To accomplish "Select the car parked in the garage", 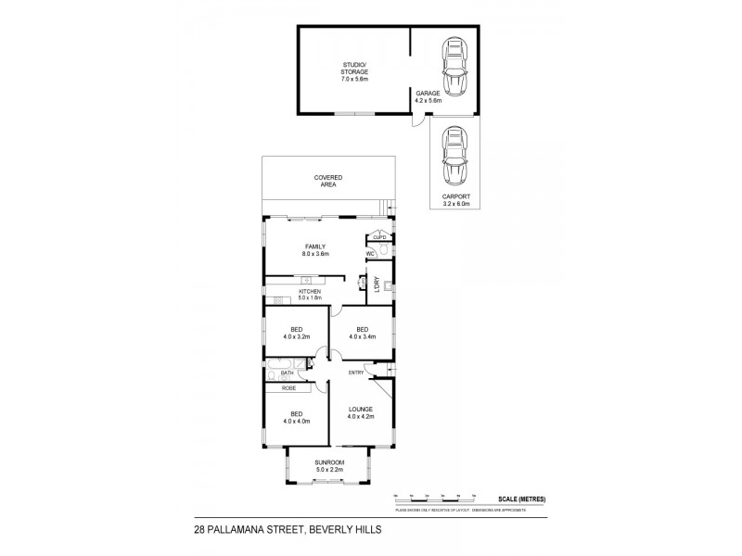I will (454, 67).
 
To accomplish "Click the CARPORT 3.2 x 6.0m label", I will (455, 199).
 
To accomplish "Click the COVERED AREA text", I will (327, 181).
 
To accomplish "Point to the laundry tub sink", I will (390, 286).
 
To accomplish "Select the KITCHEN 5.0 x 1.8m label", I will (310, 295).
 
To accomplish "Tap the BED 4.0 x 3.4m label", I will (362, 333).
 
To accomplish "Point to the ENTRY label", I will (355, 373).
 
